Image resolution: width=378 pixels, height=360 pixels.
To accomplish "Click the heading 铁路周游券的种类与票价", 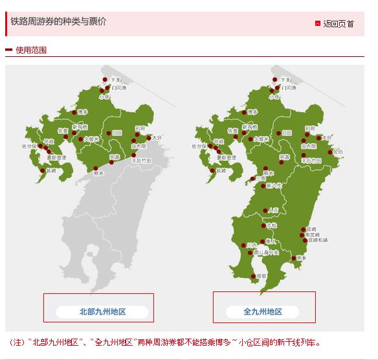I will pyautogui.click(x=58, y=21).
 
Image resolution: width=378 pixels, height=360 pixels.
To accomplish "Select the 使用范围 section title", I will pyautogui.click(x=30, y=50).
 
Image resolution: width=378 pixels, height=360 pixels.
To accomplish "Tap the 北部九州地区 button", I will pyautogui.click(x=102, y=311).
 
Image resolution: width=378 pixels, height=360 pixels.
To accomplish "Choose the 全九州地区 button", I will pyautogui.click(x=263, y=311).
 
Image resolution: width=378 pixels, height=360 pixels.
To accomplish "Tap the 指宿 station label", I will pyautogui.click(x=261, y=275).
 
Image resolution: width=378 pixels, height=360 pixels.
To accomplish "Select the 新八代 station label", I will pyautogui.click(x=274, y=185).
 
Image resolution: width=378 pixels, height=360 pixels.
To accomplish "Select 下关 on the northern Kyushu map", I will pyautogui.click(x=114, y=80).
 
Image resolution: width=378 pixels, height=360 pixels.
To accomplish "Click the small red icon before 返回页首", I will pyautogui.click(x=317, y=23).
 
